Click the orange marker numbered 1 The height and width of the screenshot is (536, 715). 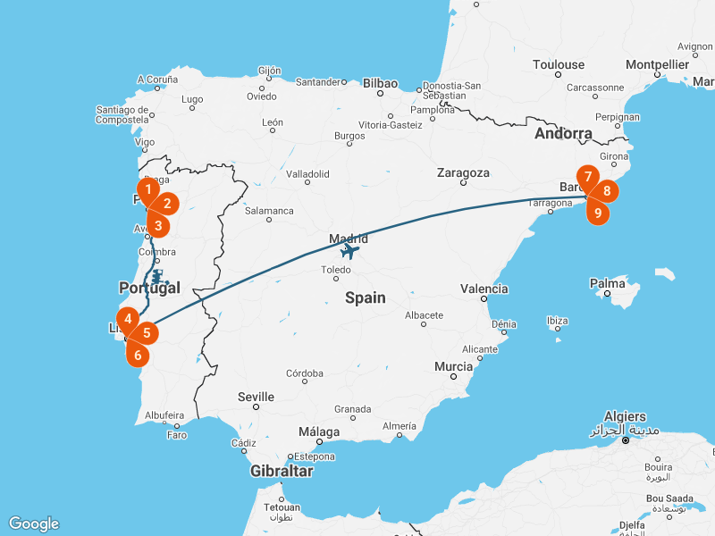click(x=147, y=188)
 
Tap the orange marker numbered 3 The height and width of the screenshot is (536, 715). click(x=157, y=225)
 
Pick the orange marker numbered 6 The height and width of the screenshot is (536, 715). click(x=138, y=355)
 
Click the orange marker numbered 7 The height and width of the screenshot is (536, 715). click(x=587, y=177)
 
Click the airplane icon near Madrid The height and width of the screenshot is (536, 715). click(x=349, y=252)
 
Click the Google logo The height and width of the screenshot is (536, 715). click(x=33, y=523)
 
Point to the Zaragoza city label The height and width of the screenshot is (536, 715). click(x=463, y=172)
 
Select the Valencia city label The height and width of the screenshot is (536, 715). click(x=484, y=289)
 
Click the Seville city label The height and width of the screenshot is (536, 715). click(x=256, y=397)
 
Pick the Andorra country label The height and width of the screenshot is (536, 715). click(x=563, y=134)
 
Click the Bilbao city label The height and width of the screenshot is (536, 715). click(x=380, y=83)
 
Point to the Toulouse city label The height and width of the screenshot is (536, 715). click(x=559, y=64)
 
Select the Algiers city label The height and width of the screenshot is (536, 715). click(x=625, y=416)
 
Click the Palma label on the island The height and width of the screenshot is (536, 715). click(x=608, y=284)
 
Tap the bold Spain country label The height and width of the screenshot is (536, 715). click(x=366, y=297)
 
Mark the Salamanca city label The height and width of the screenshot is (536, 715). click(x=269, y=211)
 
